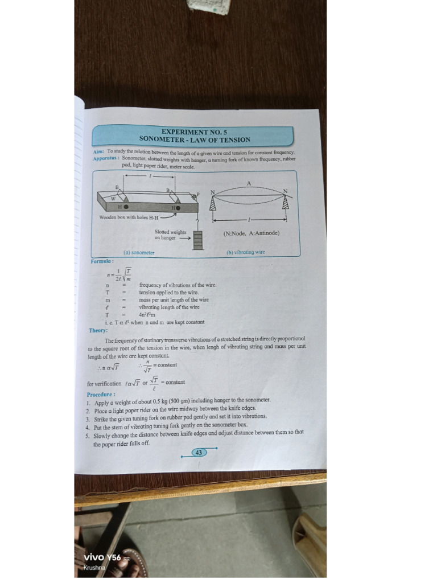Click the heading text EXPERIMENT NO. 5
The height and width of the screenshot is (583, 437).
pyautogui.click(x=194, y=132)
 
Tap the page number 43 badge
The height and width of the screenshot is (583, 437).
pyautogui.click(x=198, y=453)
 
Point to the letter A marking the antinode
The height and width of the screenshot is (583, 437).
pyautogui.click(x=249, y=183)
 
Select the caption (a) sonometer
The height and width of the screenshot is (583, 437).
pyautogui.click(x=139, y=252)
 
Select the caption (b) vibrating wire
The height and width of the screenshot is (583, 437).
pyautogui.click(x=246, y=252)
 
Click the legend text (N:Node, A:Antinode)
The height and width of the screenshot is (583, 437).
pyautogui.click(x=251, y=233)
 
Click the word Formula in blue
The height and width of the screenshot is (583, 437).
pyautogui.click(x=102, y=261)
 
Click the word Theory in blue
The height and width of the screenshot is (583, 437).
pyautogui.click(x=98, y=330)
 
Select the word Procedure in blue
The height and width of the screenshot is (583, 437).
pyautogui.click(x=101, y=394)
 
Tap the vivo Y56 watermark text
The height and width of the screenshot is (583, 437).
pyautogui.click(x=102, y=557)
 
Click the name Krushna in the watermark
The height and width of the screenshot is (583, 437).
pyautogui.click(x=94, y=568)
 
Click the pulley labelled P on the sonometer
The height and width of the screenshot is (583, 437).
pyautogui.click(x=194, y=196)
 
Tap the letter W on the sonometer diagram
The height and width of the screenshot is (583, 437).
pyautogui.click(x=113, y=199)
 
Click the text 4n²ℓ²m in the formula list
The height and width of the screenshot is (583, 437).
pyautogui.click(x=147, y=314)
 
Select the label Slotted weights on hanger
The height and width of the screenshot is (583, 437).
pyautogui.click(x=170, y=235)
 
